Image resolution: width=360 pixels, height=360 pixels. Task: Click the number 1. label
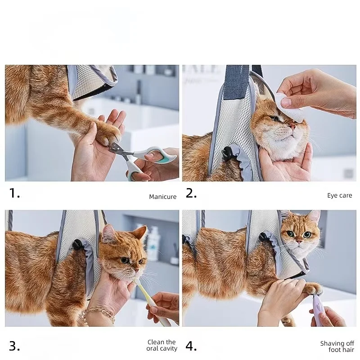15,194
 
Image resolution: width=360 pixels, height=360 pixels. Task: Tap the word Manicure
163,197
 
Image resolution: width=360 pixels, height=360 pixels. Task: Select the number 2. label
191,194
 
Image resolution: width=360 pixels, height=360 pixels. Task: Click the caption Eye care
339,195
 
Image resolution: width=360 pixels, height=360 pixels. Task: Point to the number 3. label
15,346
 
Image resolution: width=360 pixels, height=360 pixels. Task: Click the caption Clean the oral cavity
162,345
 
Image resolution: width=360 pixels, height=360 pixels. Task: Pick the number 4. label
191,346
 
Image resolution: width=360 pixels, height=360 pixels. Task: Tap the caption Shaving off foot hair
337,346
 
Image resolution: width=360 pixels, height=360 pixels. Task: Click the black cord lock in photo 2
227,153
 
